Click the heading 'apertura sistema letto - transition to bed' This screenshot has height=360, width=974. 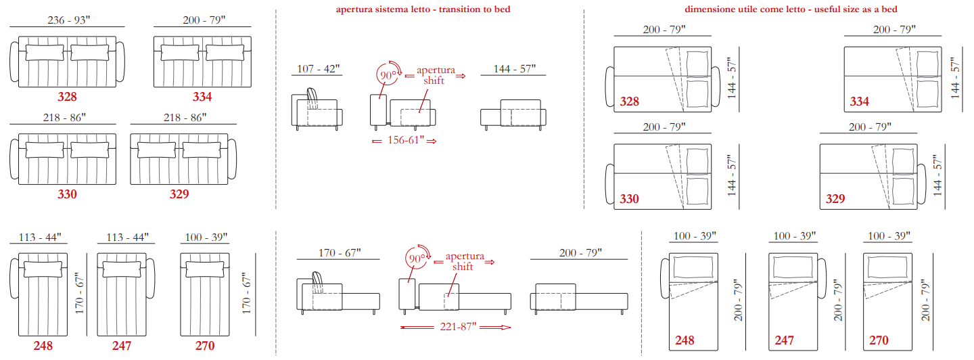click(x=423, y=9)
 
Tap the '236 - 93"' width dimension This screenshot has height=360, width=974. click(x=69, y=20)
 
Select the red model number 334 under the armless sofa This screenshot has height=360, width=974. click(x=202, y=97)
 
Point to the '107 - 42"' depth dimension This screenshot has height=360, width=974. click(x=318, y=69)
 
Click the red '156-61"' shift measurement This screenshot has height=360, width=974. click(x=406, y=140)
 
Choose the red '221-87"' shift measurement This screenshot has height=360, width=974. click(x=458, y=327)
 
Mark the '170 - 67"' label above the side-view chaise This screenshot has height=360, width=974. click(x=339, y=252)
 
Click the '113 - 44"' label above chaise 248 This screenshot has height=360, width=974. click(x=39, y=237)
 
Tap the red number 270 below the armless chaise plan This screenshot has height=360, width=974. click(x=205, y=346)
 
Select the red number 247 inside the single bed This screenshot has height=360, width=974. click(x=784, y=340)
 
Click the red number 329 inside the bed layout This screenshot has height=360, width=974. click(x=835, y=199)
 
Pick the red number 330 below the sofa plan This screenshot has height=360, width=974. click(x=67, y=194)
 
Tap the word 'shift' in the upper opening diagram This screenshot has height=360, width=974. click(x=434, y=81)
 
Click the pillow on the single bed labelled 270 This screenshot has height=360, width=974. click(x=887, y=267)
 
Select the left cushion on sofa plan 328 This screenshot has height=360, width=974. click(x=45, y=53)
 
